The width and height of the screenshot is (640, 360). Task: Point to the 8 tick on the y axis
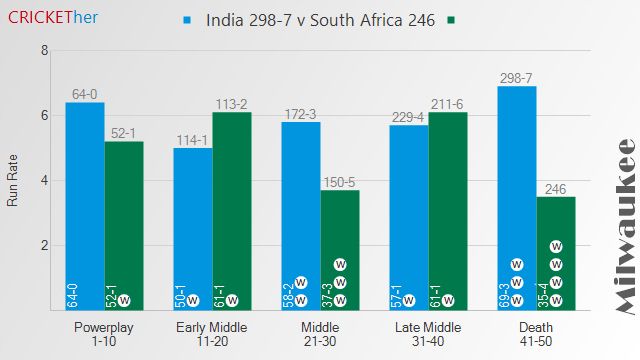tap(44, 51)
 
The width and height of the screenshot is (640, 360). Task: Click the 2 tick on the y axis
tap(44, 246)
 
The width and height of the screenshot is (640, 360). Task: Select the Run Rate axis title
tap(13, 181)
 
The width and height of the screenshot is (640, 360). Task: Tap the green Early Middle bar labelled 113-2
tap(231, 210)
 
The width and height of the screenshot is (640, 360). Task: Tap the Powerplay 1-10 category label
tap(104, 334)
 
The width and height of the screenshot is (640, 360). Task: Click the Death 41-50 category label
tap(536, 334)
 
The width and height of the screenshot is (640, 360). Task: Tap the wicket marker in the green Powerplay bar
tap(124, 299)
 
